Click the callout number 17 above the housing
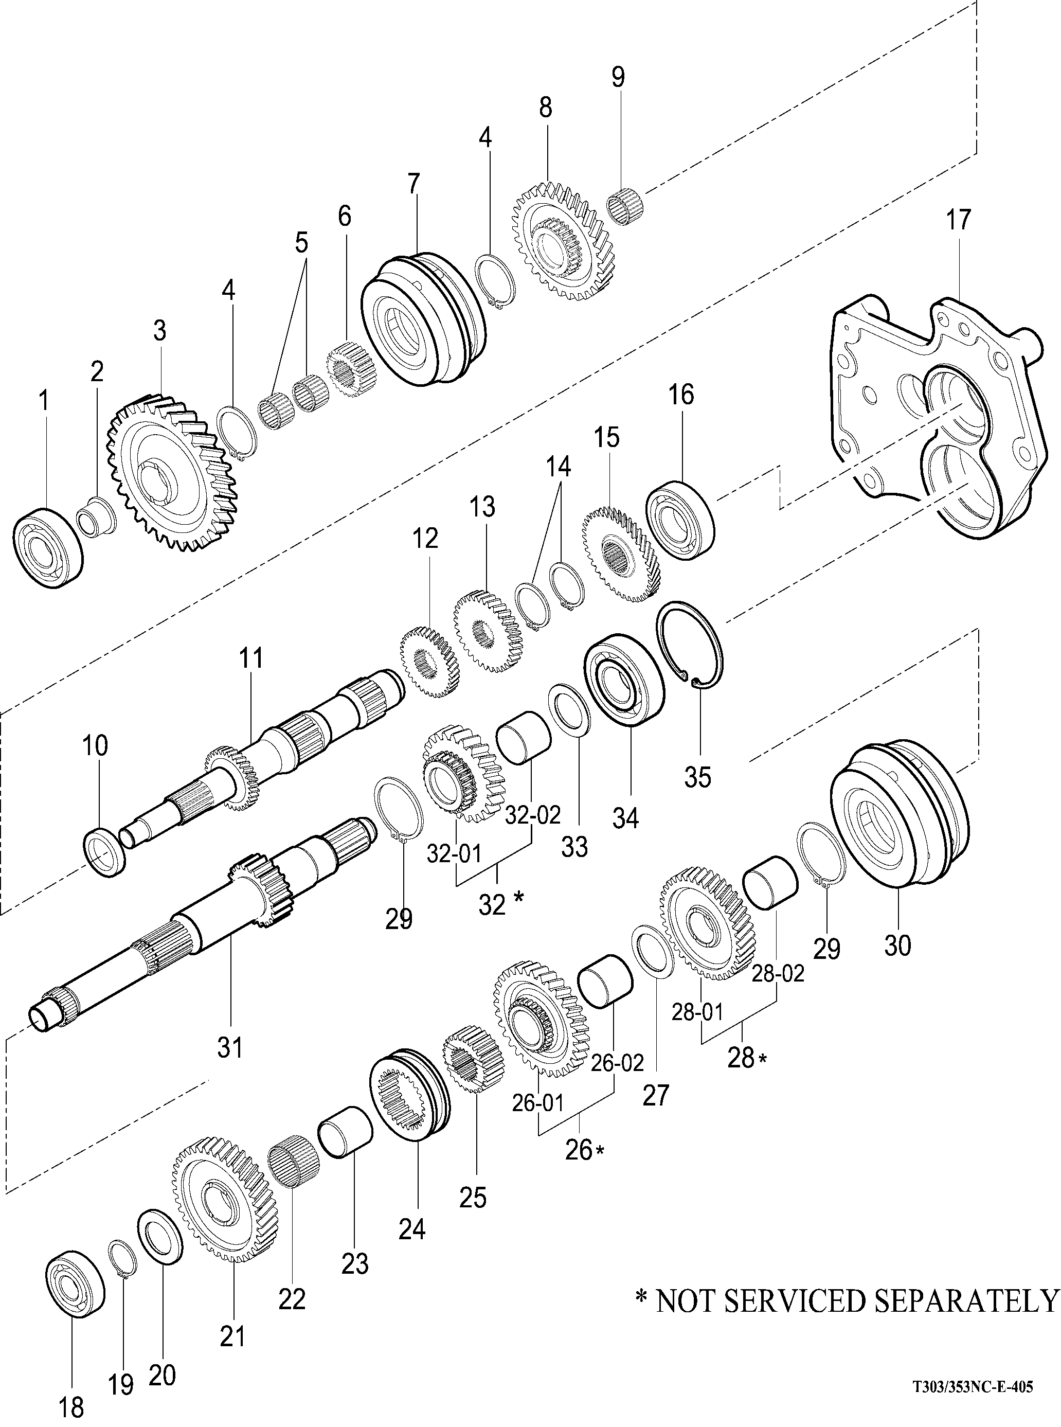tap(958, 220)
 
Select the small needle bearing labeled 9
tap(626, 205)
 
